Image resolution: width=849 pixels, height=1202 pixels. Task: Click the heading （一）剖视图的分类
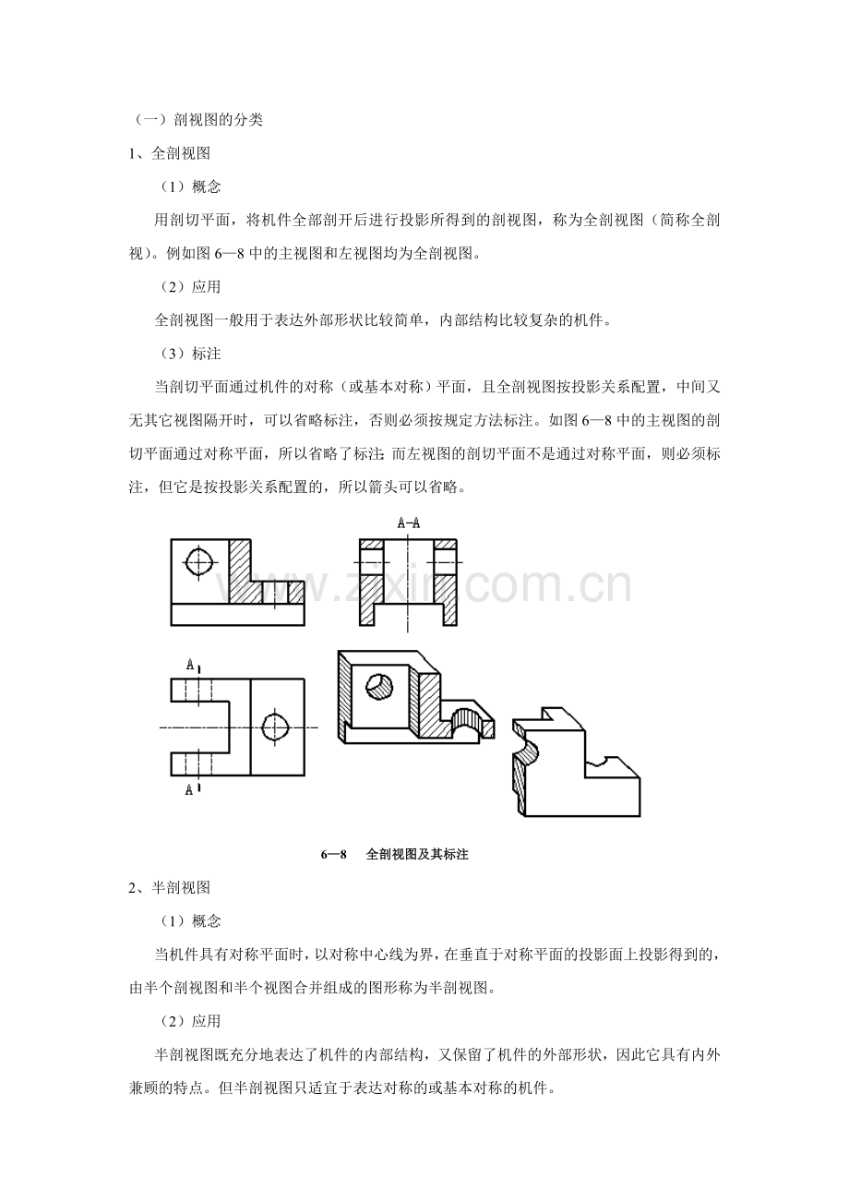click(197, 120)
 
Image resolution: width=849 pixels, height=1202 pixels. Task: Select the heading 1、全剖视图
click(170, 153)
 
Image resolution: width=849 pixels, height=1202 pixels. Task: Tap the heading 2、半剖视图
click(170, 887)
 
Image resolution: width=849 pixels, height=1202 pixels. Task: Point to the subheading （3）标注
click(190, 354)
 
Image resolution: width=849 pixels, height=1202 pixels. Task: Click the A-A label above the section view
click(409, 523)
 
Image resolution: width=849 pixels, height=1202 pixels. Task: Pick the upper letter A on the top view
click(190, 666)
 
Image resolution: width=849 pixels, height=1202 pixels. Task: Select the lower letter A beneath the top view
click(189, 790)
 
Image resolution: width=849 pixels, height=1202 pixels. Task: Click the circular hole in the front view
click(199, 563)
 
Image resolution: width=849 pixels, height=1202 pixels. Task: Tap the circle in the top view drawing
click(276, 727)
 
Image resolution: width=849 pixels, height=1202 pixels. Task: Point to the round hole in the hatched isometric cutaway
click(379, 686)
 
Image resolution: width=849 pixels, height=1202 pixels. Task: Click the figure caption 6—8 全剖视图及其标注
click(395, 854)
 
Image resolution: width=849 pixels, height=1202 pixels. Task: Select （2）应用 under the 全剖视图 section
click(190, 287)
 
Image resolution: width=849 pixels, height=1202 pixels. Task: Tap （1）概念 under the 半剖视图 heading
click(190, 921)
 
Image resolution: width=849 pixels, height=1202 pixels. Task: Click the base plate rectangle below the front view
click(237, 615)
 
